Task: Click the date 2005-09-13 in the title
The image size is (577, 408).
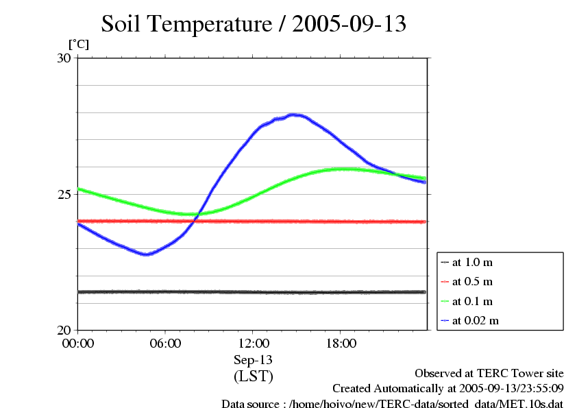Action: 349,24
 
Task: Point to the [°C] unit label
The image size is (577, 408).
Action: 78,44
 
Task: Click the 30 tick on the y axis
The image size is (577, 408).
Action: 64,58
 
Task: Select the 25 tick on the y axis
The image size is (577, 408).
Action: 64,194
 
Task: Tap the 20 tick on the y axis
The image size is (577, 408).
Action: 64,330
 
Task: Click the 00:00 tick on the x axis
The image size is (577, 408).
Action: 78,343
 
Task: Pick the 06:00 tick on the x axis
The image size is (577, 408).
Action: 165,343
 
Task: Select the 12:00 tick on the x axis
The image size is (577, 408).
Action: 253,343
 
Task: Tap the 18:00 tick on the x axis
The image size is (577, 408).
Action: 341,343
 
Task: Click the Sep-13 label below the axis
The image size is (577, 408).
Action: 253,359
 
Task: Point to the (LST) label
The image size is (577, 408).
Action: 253,376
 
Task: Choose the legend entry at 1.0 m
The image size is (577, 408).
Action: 473,262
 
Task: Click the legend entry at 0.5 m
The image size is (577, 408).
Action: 473,281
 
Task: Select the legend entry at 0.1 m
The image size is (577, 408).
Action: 473,300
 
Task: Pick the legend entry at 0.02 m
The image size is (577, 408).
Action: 476,320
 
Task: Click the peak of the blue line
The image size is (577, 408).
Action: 293,115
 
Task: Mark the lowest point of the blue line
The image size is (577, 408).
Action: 145,254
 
